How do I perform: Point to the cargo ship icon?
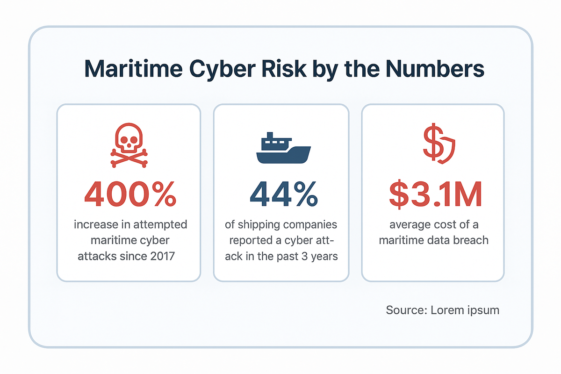click(x=283, y=148)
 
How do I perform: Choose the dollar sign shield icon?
click(x=439, y=145)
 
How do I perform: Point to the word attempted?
click(x=161, y=225)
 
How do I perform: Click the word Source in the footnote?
click(x=403, y=310)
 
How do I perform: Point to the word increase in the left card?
click(x=95, y=225)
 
